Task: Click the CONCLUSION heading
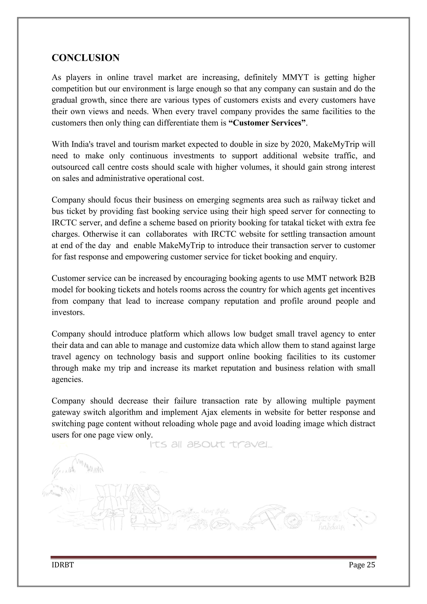coord(85,58)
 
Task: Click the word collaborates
coord(166,234)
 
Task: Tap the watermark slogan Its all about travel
coord(211,445)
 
